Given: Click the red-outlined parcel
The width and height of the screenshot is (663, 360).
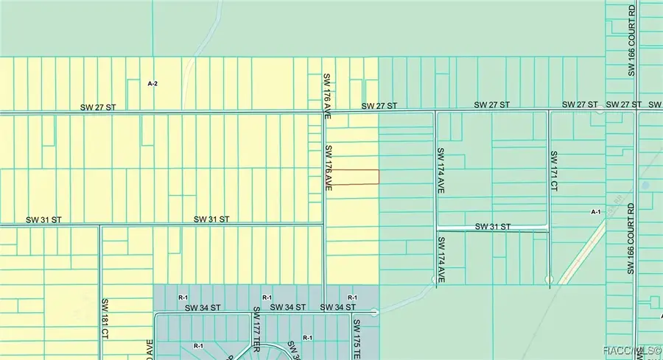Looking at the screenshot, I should pyautogui.click(x=353, y=177).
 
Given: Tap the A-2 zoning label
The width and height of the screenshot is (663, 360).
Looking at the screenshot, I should pyautogui.click(x=153, y=84).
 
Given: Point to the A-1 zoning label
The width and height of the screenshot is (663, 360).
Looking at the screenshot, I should pyautogui.click(x=597, y=211).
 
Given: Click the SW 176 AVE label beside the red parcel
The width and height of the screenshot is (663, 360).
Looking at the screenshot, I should pyautogui.click(x=329, y=169).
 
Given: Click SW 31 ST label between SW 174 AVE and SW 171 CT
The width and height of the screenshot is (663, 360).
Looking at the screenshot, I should pyautogui.click(x=492, y=226).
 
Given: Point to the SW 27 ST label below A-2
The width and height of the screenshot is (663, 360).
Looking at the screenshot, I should pyautogui.click(x=99, y=107).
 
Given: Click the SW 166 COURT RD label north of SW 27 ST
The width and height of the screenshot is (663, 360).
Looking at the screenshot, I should pyautogui.click(x=631, y=40).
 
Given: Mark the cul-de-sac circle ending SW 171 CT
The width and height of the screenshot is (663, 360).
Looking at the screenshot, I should pyautogui.click(x=549, y=279).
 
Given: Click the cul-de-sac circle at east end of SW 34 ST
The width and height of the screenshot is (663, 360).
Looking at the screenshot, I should pyautogui.click(x=375, y=312).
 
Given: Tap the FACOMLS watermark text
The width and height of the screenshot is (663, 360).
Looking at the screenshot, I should pyautogui.click(x=631, y=351).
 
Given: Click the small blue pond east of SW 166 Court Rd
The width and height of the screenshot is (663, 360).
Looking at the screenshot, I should pyautogui.click(x=646, y=186).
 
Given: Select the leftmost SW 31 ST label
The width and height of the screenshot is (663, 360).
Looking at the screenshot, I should pyautogui.click(x=43, y=219).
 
